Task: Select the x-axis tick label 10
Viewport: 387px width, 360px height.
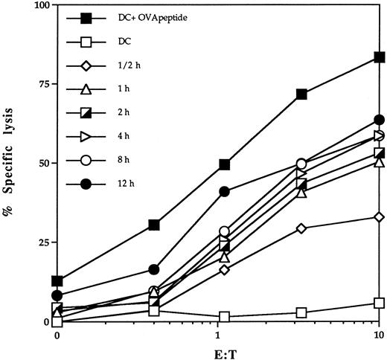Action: pyautogui.click(x=379, y=335)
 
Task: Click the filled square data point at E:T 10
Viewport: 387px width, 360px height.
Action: pyautogui.click(x=380, y=57)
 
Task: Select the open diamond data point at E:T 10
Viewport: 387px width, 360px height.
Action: pyautogui.click(x=380, y=217)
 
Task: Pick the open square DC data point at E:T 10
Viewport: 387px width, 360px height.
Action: pyautogui.click(x=380, y=303)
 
